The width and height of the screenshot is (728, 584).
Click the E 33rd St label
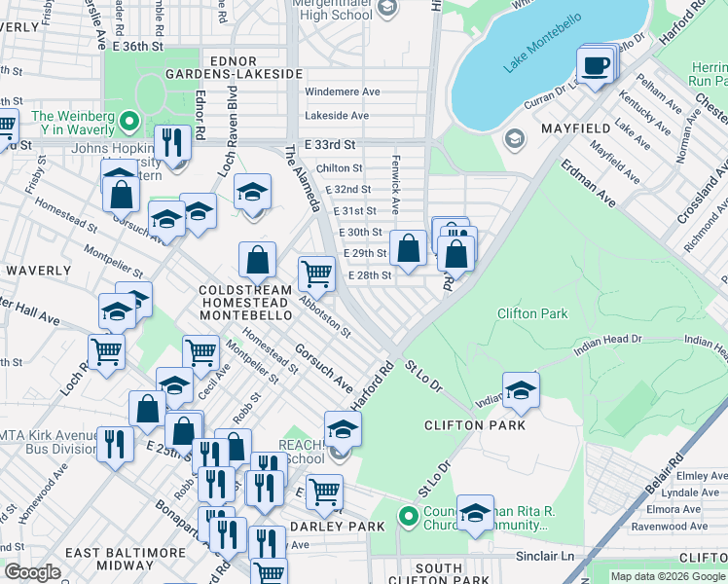tap(333, 143)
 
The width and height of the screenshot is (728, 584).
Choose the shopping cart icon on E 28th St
tap(316, 275)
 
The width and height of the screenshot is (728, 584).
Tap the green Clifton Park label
tap(531, 313)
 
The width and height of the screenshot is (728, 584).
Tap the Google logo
tap(32, 572)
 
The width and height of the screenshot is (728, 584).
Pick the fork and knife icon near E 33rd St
tap(172, 144)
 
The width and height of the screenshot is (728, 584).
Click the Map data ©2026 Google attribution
tap(668, 576)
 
